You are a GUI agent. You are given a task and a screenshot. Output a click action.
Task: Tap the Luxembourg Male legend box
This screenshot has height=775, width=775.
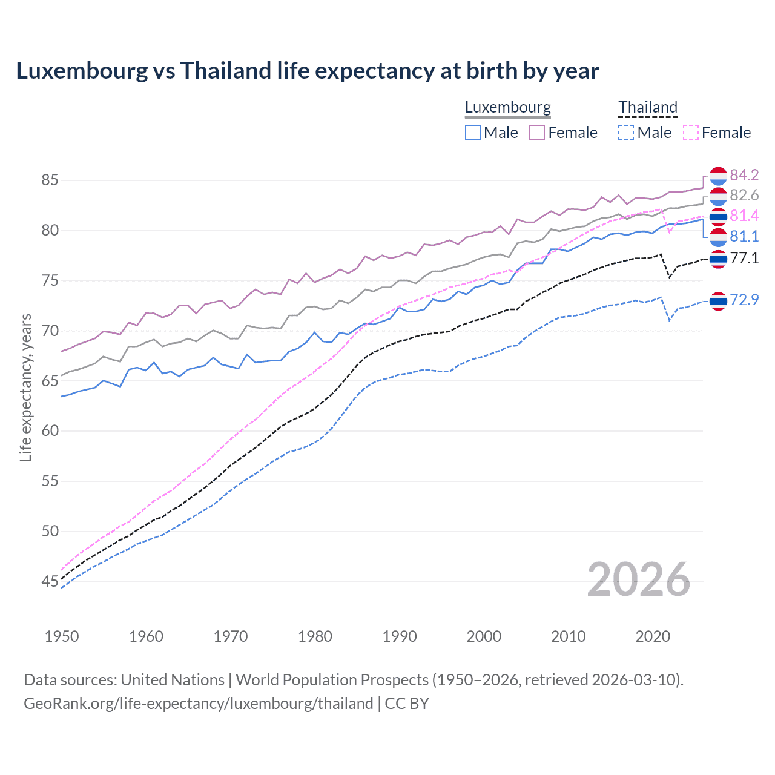click(473, 133)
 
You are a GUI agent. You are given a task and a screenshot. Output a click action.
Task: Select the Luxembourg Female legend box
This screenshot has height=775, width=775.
click(537, 133)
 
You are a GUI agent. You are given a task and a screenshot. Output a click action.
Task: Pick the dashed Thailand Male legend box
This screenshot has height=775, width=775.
click(626, 133)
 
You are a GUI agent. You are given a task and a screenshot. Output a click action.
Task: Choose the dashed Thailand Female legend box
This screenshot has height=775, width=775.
click(690, 133)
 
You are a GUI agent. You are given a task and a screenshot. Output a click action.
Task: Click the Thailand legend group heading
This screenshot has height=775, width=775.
click(647, 107)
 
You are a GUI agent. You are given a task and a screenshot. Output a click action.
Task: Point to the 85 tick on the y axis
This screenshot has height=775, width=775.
click(50, 180)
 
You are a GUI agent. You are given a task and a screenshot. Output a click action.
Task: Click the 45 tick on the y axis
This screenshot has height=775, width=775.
click(50, 582)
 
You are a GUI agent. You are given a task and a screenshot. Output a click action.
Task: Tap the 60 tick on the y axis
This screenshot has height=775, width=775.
click(50, 431)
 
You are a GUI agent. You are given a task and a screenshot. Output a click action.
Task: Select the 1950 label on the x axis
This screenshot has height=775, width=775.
click(62, 636)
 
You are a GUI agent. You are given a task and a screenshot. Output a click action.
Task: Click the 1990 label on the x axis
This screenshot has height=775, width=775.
click(400, 636)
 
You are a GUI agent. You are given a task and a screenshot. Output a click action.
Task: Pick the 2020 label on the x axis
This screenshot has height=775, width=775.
click(653, 636)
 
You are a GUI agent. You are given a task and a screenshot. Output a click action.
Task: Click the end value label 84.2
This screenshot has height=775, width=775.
click(744, 175)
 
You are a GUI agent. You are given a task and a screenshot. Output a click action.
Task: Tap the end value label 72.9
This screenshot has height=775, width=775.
click(744, 300)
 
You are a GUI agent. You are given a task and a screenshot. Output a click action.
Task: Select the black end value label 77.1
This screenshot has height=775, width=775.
click(744, 259)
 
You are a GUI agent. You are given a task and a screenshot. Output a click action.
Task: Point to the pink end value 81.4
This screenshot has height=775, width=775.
click(744, 216)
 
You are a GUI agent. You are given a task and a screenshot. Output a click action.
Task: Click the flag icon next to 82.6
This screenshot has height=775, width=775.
click(718, 196)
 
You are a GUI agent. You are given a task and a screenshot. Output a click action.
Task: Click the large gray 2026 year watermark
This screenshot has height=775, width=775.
click(639, 579)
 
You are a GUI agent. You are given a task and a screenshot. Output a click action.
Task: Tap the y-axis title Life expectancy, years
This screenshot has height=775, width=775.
click(25, 387)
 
